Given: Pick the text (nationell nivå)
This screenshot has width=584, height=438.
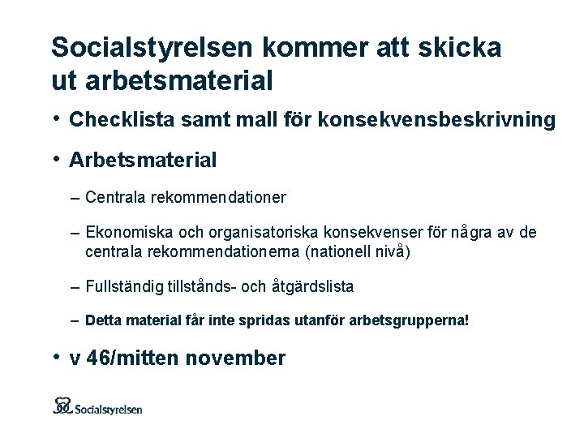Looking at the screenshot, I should click(x=358, y=251).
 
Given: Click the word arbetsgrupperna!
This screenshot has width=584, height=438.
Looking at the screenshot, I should click(x=410, y=321).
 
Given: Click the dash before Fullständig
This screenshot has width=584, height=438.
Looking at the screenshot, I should click(x=75, y=287).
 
